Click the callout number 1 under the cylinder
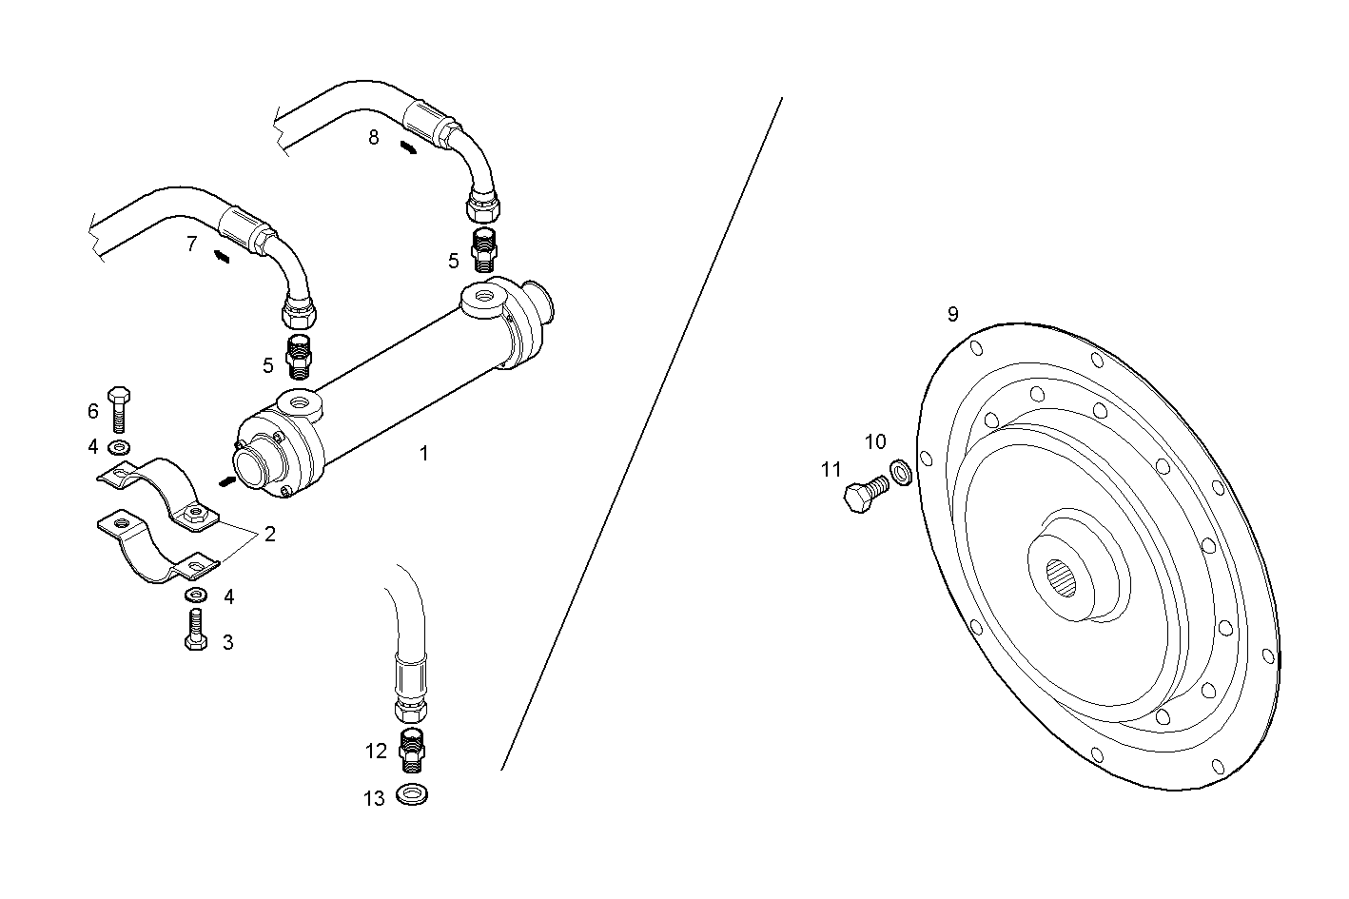(x=423, y=454)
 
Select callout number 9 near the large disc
(x=952, y=314)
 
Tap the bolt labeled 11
(x=865, y=495)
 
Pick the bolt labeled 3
(x=195, y=629)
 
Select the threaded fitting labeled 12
(x=411, y=751)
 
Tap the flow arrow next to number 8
(x=407, y=147)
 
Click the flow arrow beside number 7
(x=221, y=256)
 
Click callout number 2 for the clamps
(x=269, y=534)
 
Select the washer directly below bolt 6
(x=120, y=446)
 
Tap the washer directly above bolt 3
(x=197, y=596)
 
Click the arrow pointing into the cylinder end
(x=225, y=482)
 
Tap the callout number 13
(x=374, y=798)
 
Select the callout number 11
(x=831, y=469)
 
